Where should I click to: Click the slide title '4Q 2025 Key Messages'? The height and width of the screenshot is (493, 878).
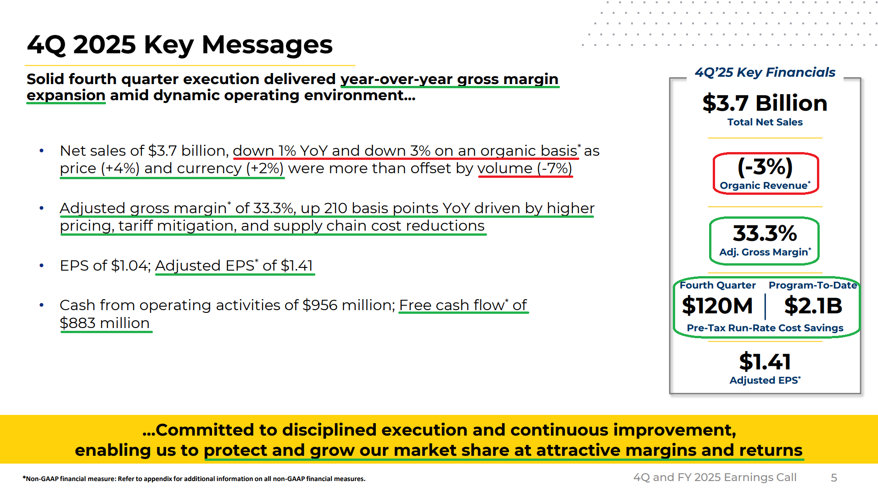tap(180, 45)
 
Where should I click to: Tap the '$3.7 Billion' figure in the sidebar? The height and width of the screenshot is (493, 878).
tap(765, 103)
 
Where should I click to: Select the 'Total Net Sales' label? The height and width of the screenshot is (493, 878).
tap(765, 122)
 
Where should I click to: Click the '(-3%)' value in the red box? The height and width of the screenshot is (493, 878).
tap(765, 166)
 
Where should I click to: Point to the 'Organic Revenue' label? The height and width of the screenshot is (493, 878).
tap(763, 186)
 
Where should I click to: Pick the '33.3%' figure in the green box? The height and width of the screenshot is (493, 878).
tap(765, 233)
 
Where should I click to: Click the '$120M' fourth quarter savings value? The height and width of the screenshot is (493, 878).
tap(717, 306)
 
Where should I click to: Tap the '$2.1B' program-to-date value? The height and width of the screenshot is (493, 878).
tap(813, 306)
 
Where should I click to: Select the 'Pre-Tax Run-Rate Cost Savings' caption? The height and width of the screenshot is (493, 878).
tap(765, 328)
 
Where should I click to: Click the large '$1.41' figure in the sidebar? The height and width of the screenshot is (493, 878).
tap(765, 362)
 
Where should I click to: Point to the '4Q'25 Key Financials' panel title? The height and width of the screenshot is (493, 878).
tap(765, 73)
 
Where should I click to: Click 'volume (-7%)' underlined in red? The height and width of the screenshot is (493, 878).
tap(525, 169)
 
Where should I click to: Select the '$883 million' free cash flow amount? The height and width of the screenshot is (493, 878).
tap(105, 323)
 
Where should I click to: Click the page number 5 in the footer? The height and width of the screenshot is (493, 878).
tap(834, 478)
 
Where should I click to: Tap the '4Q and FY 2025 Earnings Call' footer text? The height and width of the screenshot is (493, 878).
tap(715, 477)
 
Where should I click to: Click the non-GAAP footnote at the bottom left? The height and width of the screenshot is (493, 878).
tap(194, 479)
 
